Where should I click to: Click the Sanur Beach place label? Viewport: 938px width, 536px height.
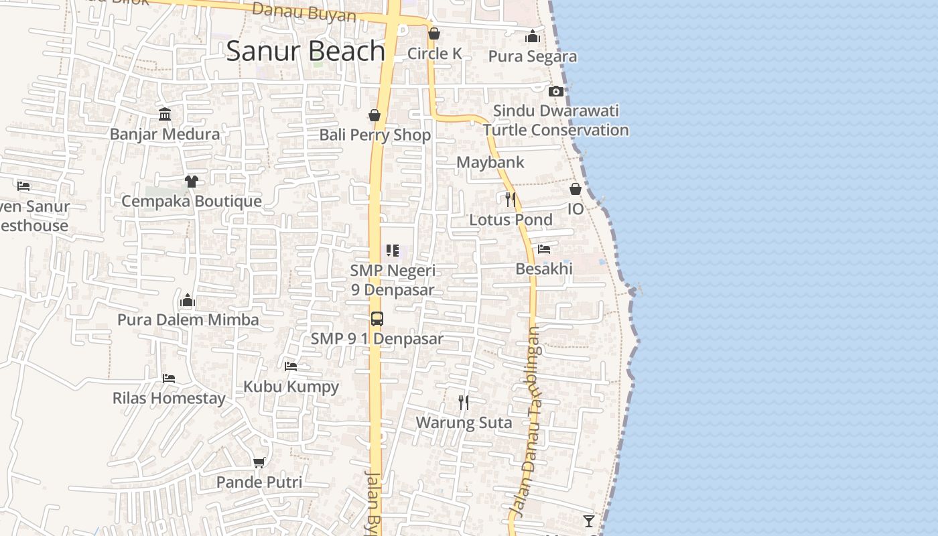306,52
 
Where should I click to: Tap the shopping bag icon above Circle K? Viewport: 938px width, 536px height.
434,33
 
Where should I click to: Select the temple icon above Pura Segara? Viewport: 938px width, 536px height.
533,36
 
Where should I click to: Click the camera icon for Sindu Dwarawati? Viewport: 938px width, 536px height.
555,91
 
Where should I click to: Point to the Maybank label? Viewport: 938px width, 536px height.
490,162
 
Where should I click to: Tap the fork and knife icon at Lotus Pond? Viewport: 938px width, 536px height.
511,199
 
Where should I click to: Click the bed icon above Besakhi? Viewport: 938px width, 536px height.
544,249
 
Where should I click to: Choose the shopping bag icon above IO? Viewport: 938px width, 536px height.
576,189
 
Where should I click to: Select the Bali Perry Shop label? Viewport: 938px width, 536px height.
375,135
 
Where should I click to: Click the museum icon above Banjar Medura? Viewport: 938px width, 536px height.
165,114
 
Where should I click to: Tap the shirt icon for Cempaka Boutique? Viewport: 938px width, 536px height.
192,181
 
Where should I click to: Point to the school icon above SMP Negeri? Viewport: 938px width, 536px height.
393,251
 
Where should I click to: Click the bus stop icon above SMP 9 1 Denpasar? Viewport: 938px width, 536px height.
377,319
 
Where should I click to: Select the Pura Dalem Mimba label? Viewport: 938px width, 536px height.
188,320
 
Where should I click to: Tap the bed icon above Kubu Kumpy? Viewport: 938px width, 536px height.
291,366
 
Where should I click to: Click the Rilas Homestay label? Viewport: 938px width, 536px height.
169,399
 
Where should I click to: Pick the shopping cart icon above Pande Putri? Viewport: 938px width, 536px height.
259,462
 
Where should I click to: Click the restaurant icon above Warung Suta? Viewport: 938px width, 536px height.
464,402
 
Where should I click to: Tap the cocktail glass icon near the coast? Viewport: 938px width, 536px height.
589,521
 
